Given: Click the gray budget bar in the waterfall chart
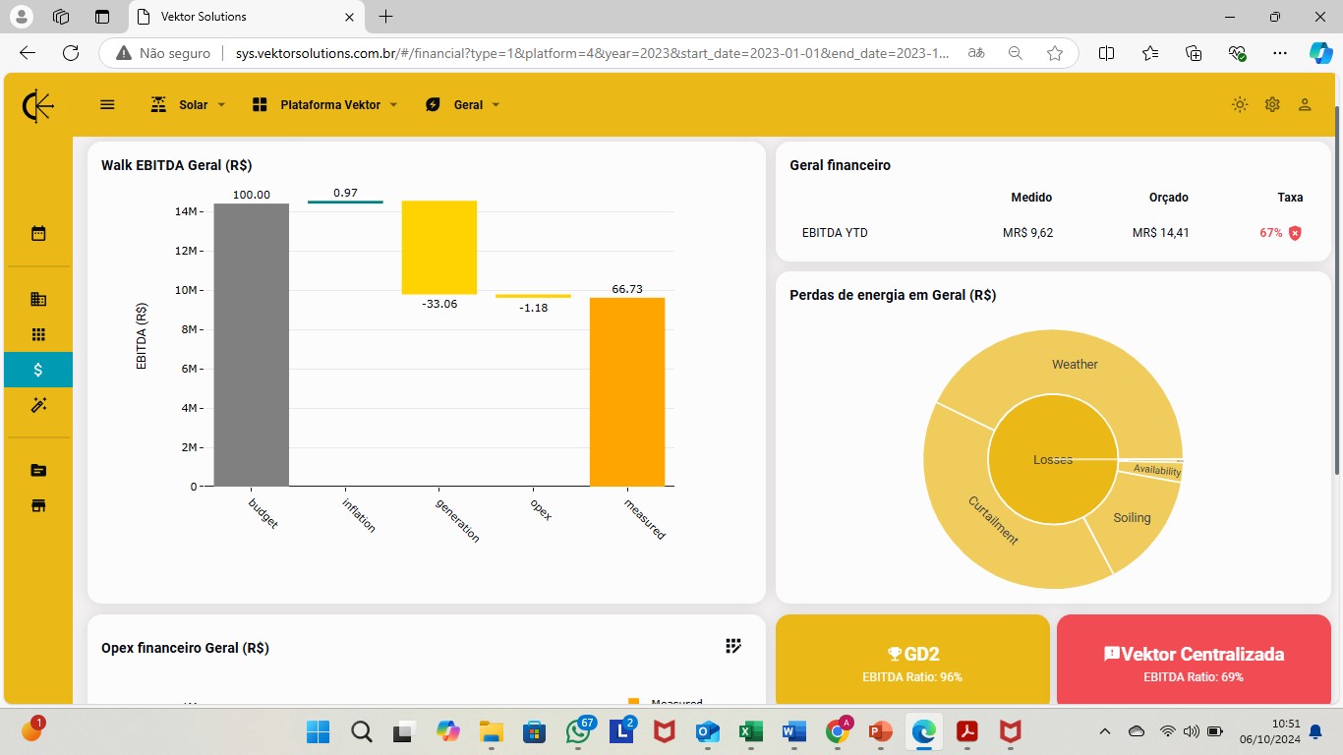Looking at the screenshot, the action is pyautogui.click(x=252, y=345).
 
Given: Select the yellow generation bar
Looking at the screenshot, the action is pyautogui.click(x=438, y=247).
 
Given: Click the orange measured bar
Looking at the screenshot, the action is pyautogui.click(x=627, y=391).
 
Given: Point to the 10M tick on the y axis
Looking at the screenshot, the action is pyautogui.click(x=189, y=290).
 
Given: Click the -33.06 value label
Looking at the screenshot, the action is pyautogui.click(x=439, y=304).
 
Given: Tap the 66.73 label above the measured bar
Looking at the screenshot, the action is pyautogui.click(x=627, y=289).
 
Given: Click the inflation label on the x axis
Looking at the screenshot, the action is pyautogui.click(x=359, y=515).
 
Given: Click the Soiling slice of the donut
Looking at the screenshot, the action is pyautogui.click(x=1132, y=517).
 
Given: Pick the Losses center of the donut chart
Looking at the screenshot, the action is pyautogui.click(x=1052, y=460).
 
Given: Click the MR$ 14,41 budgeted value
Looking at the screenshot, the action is pyautogui.click(x=1160, y=233).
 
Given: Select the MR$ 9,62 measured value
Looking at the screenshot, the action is pyautogui.click(x=1027, y=233).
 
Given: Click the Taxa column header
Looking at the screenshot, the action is pyautogui.click(x=1290, y=198).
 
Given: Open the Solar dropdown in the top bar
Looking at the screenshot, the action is pyautogui.click(x=188, y=105).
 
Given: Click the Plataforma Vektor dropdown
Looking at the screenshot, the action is pyautogui.click(x=325, y=105).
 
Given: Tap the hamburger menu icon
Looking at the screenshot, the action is pyautogui.click(x=107, y=105).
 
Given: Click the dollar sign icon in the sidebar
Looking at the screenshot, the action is pyautogui.click(x=38, y=370).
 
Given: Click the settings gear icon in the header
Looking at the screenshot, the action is pyautogui.click(x=1272, y=104).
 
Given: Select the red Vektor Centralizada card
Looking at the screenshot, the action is pyautogui.click(x=1194, y=659).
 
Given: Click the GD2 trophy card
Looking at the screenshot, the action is pyautogui.click(x=912, y=659).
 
